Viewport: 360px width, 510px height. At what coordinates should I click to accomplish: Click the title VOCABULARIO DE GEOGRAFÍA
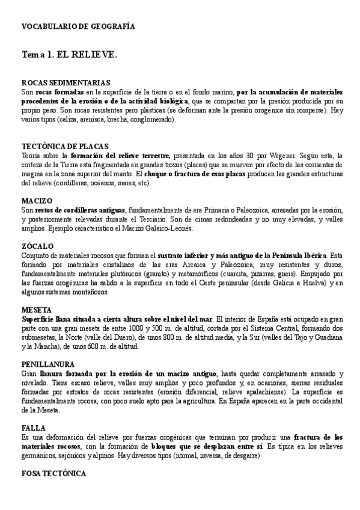[x=78, y=27]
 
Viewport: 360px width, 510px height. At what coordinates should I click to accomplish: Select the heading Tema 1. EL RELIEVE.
[x=69, y=55]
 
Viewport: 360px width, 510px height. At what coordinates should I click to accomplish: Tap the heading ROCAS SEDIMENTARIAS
[x=66, y=82]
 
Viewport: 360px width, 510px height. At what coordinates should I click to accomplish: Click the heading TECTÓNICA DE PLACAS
[x=65, y=146]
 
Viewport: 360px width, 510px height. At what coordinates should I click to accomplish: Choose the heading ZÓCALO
[x=38, y=247]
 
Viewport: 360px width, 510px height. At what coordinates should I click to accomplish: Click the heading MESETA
[x=37, y=309]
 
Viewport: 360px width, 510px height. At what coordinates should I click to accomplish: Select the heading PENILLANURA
[x=48, y=364]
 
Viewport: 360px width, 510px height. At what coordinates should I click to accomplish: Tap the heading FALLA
[x=34, y=428]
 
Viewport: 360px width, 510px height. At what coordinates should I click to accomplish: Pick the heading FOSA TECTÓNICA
[x=54, y=474]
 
